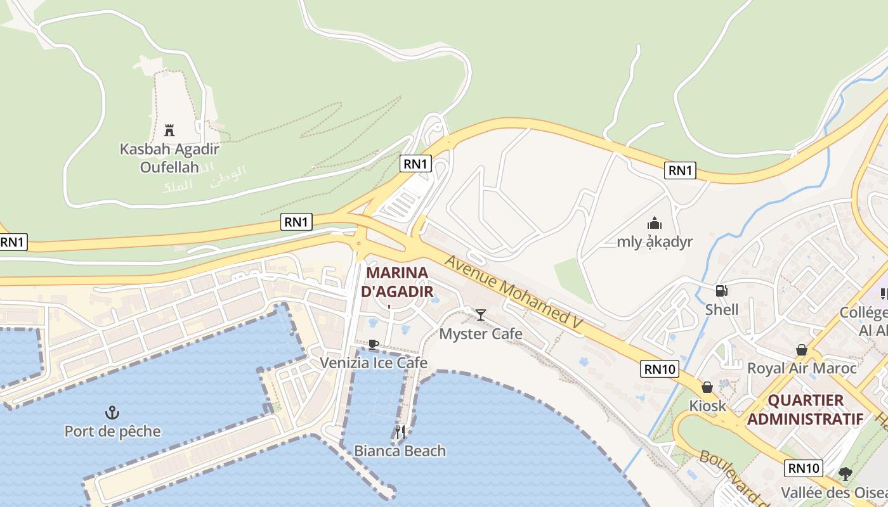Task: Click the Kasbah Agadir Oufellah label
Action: point(169,158)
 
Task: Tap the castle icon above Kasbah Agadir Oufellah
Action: point(169,131)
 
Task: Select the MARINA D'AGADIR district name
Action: point(398,283)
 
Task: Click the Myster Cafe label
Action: point(481,334)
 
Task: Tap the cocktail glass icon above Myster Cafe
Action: point(481,315)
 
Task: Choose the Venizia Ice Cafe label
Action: point(374,363)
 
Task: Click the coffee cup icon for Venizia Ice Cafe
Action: point(374,344)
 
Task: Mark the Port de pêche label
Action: point(112,432)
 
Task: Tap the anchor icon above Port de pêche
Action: point(112,413)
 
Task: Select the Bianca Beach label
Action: point(400,451)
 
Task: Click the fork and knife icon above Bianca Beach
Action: point(400,432)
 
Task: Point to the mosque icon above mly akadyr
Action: point(655,223)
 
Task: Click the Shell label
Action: point(722,310)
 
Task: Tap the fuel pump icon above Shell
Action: point(721,291)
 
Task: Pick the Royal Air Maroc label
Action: point(802,368)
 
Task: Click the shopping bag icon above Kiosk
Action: point(707,387)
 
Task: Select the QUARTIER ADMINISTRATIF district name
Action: point(806,409)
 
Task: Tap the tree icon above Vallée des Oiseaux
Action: point(845,473)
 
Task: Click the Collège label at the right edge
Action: point(864,312)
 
